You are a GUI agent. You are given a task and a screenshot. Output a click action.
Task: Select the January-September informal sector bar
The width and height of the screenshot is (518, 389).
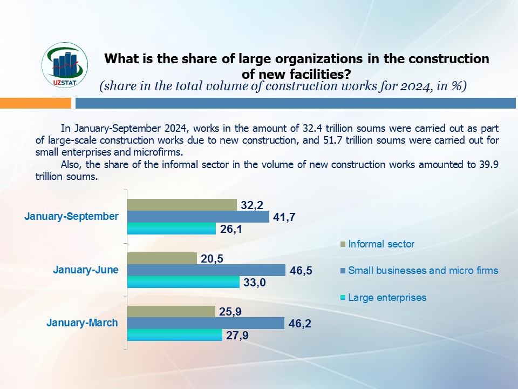pos(182,205)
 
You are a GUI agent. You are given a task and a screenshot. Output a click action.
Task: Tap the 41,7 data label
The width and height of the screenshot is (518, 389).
pos(284,217)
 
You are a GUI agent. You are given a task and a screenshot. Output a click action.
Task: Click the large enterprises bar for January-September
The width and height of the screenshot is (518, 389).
pos(171,229)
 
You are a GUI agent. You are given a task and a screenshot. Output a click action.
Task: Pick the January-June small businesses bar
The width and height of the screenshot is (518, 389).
pos(206,270)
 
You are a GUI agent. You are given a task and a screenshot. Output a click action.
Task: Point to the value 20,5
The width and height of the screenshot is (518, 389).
pos(212,258)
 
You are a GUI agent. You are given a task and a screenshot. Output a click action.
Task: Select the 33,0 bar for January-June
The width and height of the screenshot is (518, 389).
pos(183,282)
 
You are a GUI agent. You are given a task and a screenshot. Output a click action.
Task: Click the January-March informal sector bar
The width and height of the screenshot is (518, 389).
pos(171,311)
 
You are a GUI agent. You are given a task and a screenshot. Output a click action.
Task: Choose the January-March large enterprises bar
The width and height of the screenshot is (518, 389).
pos(174,335)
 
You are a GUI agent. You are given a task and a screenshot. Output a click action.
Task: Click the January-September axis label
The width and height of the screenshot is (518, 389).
pos(71,216)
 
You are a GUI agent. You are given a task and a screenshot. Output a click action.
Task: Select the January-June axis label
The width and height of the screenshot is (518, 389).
pos(85,270)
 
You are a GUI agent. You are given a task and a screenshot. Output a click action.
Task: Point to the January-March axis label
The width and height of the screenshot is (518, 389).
pos(82,323)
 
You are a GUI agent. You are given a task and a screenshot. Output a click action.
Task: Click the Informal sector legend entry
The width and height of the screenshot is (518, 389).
pos(381,244)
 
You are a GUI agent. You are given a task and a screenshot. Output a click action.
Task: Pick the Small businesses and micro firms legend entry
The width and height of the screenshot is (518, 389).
pos(423,271)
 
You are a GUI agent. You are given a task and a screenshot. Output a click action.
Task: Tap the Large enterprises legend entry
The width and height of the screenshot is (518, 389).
pos(387,297)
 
